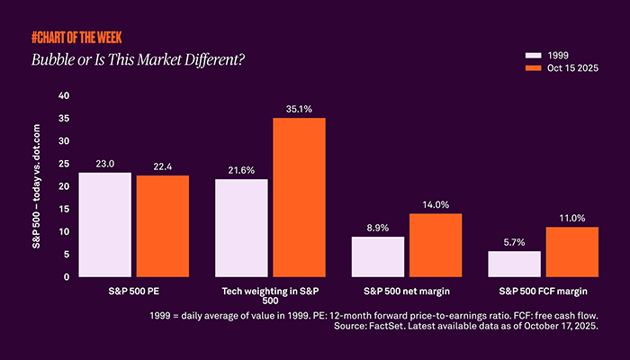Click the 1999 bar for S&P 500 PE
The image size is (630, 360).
tap(104, 224)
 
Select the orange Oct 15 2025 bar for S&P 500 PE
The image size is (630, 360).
tap(163, 226)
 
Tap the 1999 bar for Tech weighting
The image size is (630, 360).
tap(241, 228)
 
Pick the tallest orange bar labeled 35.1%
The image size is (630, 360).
tap(299, 197)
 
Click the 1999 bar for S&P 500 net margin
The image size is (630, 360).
tap(378, 256)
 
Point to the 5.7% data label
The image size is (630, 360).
tap(514, 241)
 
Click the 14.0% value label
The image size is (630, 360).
tap(436, 203)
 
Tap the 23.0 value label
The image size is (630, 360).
tap(104, 163)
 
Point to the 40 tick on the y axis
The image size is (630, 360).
tap(63, 95)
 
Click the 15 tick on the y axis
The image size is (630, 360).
tap(63, 209)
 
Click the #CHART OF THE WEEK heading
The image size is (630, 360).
tap(76, 38)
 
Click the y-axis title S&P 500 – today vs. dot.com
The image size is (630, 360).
tap(38, 186)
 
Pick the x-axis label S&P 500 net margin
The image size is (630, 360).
tap(407, 292)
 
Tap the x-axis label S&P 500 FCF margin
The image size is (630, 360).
tap(543, 292)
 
